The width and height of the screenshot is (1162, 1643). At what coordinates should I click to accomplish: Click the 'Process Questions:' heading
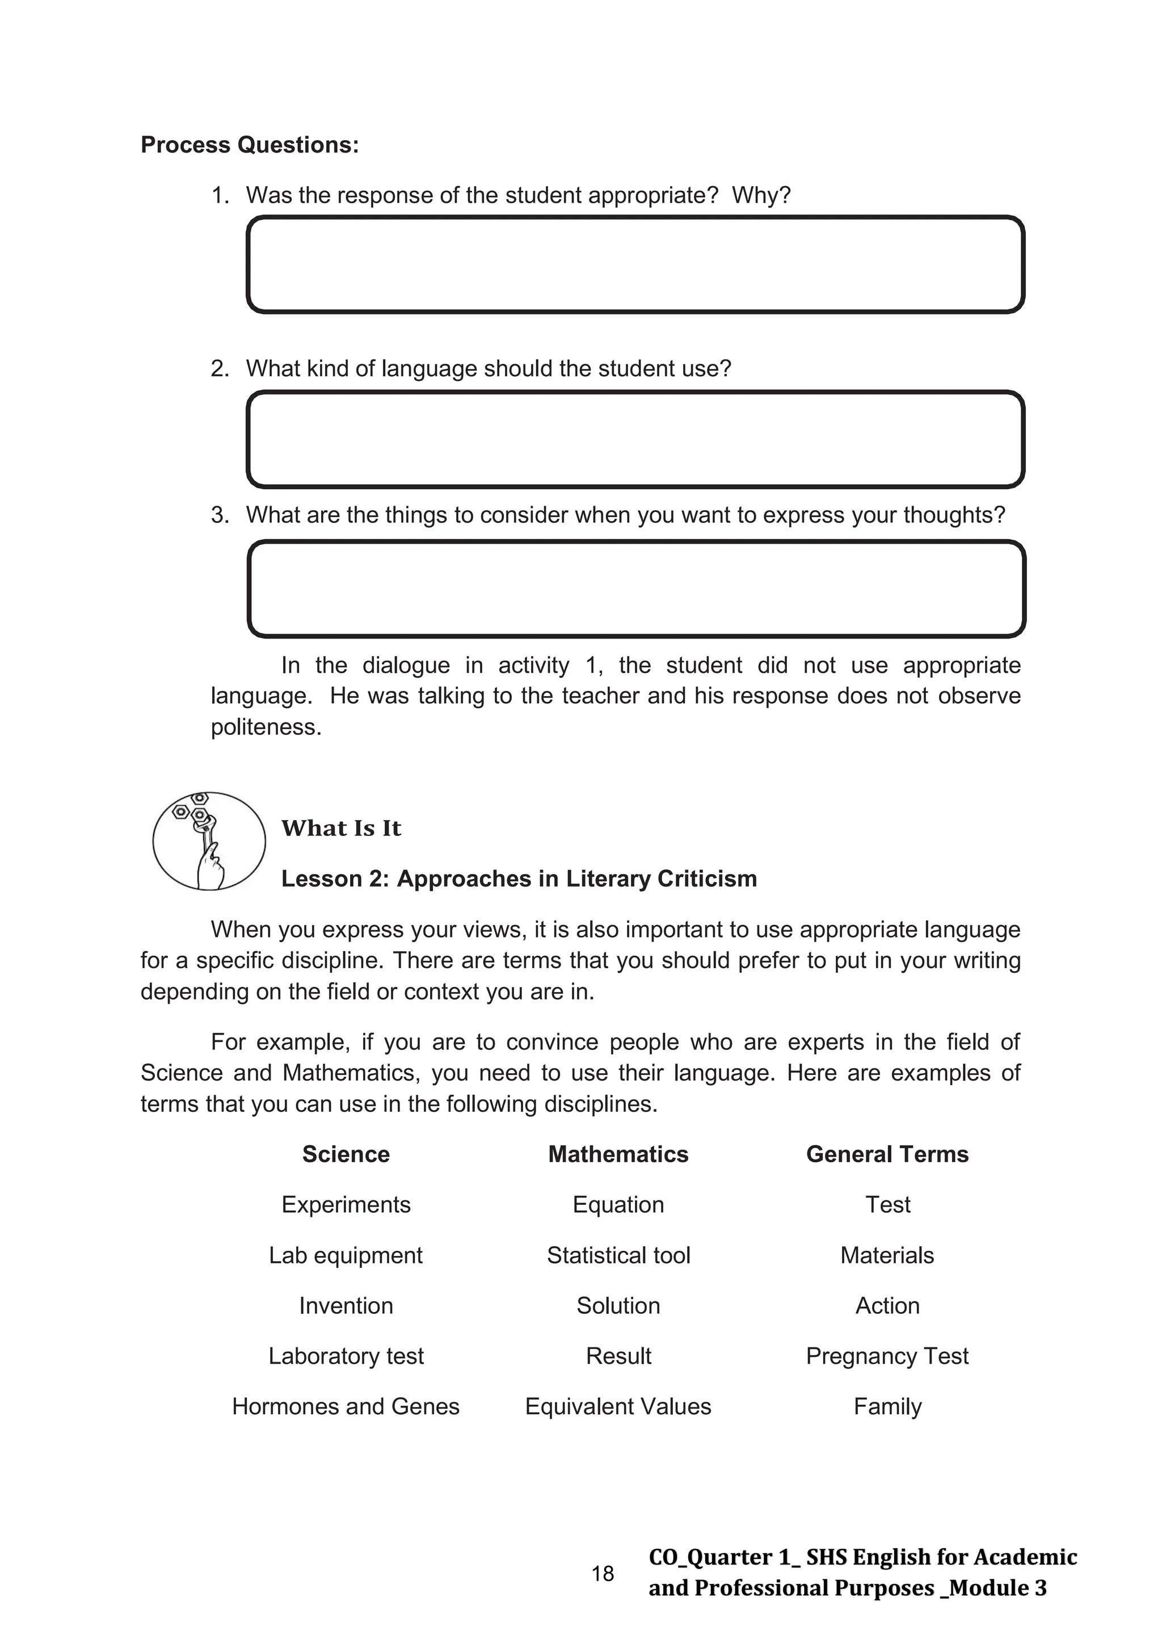coord(249,145)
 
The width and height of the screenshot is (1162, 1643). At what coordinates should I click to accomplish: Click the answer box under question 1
coord(635,265)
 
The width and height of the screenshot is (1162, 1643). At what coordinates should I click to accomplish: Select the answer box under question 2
coord(635,439)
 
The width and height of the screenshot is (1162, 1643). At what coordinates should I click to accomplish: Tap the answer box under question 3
coord(636,589)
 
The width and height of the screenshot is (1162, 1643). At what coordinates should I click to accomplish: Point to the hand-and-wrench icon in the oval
coord(208,841)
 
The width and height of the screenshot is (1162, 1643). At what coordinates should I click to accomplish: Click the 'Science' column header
coord(346,1154)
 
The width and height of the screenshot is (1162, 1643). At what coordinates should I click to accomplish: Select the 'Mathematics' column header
coord(618,1154)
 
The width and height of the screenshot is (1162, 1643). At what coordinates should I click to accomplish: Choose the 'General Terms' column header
coord(887,1154)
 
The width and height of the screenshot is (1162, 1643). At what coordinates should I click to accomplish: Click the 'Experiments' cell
coord(346,1204)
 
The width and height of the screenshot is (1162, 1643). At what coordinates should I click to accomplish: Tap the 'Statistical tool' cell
coord(618,1255)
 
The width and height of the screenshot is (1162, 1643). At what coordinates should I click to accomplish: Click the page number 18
coord(603,1574)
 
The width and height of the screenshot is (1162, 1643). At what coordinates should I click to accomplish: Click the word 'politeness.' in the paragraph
coord(266,727)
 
